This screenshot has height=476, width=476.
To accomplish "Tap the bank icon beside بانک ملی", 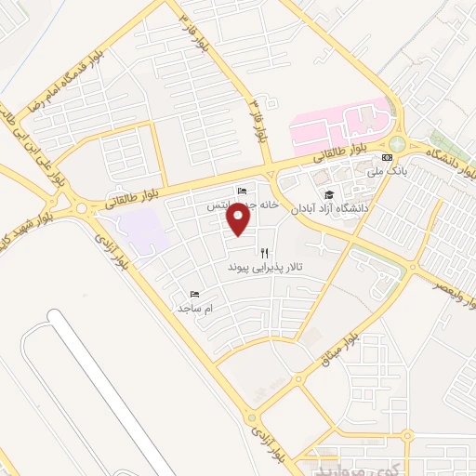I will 386,157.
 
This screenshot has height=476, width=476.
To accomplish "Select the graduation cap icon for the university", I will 327,194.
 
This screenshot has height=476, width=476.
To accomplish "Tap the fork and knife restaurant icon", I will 265,252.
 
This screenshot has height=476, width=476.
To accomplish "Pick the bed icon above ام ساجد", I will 193,294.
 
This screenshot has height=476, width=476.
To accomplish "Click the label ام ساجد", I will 196,307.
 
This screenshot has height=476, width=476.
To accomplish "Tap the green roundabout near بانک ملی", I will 398,144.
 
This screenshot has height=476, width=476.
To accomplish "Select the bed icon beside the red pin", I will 242,190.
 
